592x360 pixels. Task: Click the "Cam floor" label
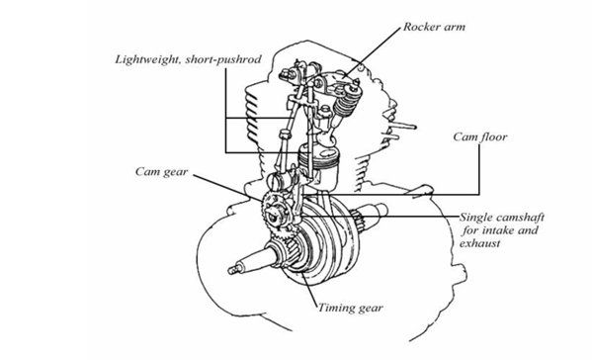(480, 136)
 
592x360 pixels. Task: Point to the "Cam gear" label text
(162, 172)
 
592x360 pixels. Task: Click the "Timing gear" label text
(351, 308)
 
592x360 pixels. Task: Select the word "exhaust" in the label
(480, 243)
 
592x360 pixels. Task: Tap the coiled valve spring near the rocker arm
(344, 103)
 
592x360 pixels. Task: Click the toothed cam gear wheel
(275, 216)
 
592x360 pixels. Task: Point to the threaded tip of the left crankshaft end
(233, 269)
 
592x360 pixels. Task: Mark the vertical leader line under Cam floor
(479, 169)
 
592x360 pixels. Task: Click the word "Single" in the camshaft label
(475, 218)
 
